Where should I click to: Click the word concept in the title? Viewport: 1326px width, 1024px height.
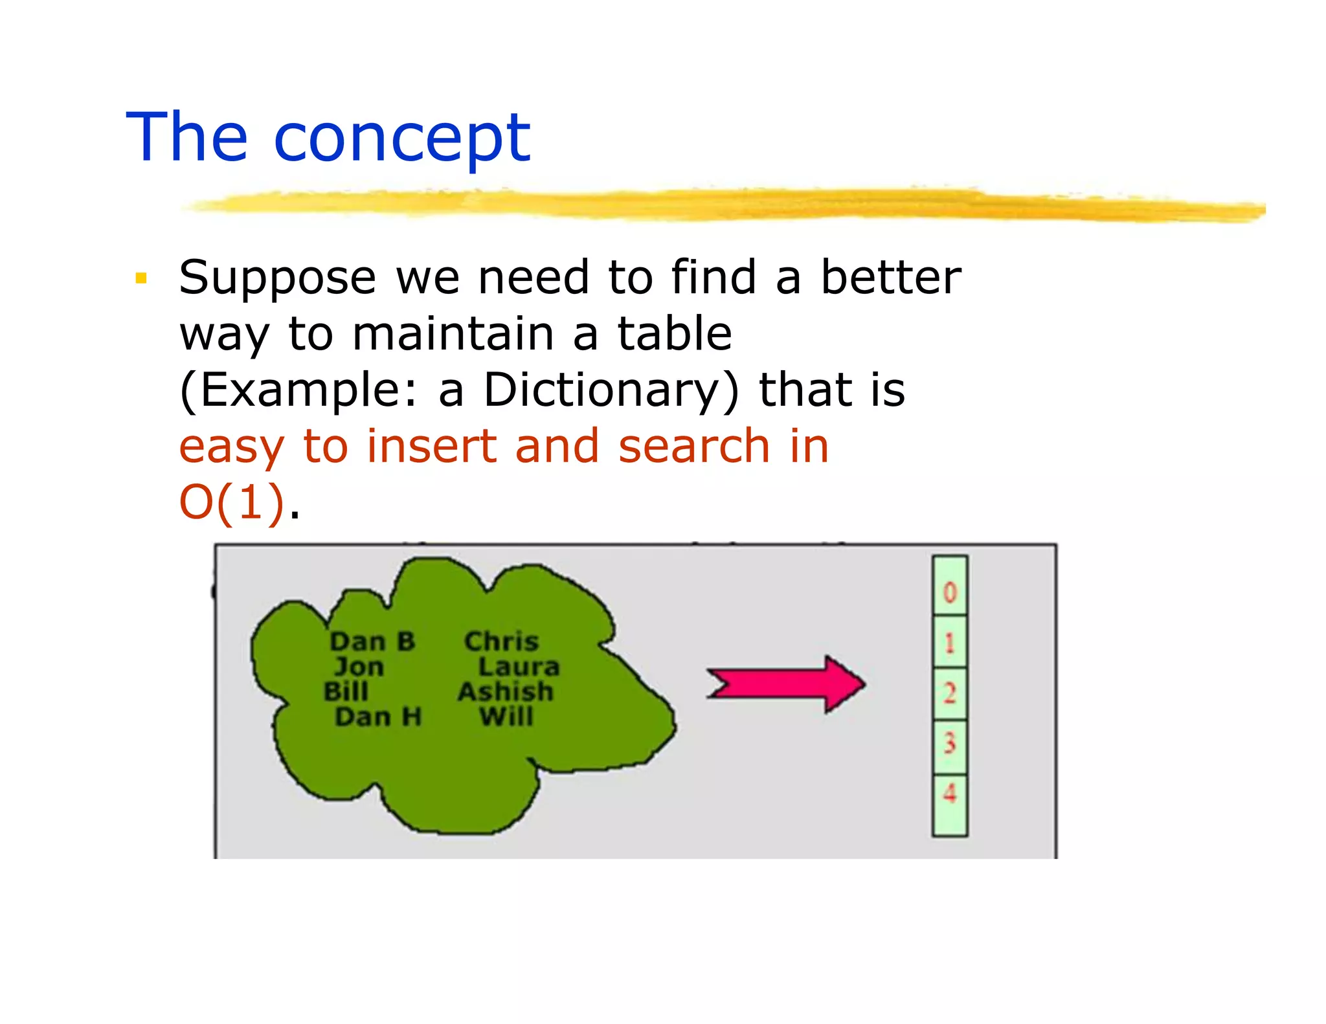click(401, 139)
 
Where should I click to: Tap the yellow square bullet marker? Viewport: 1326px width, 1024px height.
click(141, 279)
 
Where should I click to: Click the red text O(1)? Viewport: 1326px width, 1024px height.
click(231, 502)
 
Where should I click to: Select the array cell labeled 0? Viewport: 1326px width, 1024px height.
click(950, 591)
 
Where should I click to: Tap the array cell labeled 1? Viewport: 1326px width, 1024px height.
click(950, 643)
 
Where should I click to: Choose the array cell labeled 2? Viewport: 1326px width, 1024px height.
click(950, 693)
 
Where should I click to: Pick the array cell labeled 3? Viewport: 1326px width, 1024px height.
click(950, 744)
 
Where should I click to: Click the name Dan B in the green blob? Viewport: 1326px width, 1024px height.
click(372, 641)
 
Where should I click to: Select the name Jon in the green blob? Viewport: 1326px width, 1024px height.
click(359, 667)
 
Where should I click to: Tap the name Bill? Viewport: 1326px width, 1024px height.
click(346, 691)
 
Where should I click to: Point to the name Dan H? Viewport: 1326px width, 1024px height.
click(378, 717)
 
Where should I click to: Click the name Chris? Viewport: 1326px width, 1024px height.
click(501, 641)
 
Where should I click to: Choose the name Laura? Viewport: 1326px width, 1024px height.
click(519, 667)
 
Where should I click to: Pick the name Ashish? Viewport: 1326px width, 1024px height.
click(506, 691)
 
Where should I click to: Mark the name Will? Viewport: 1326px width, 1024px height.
click(506, 717)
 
